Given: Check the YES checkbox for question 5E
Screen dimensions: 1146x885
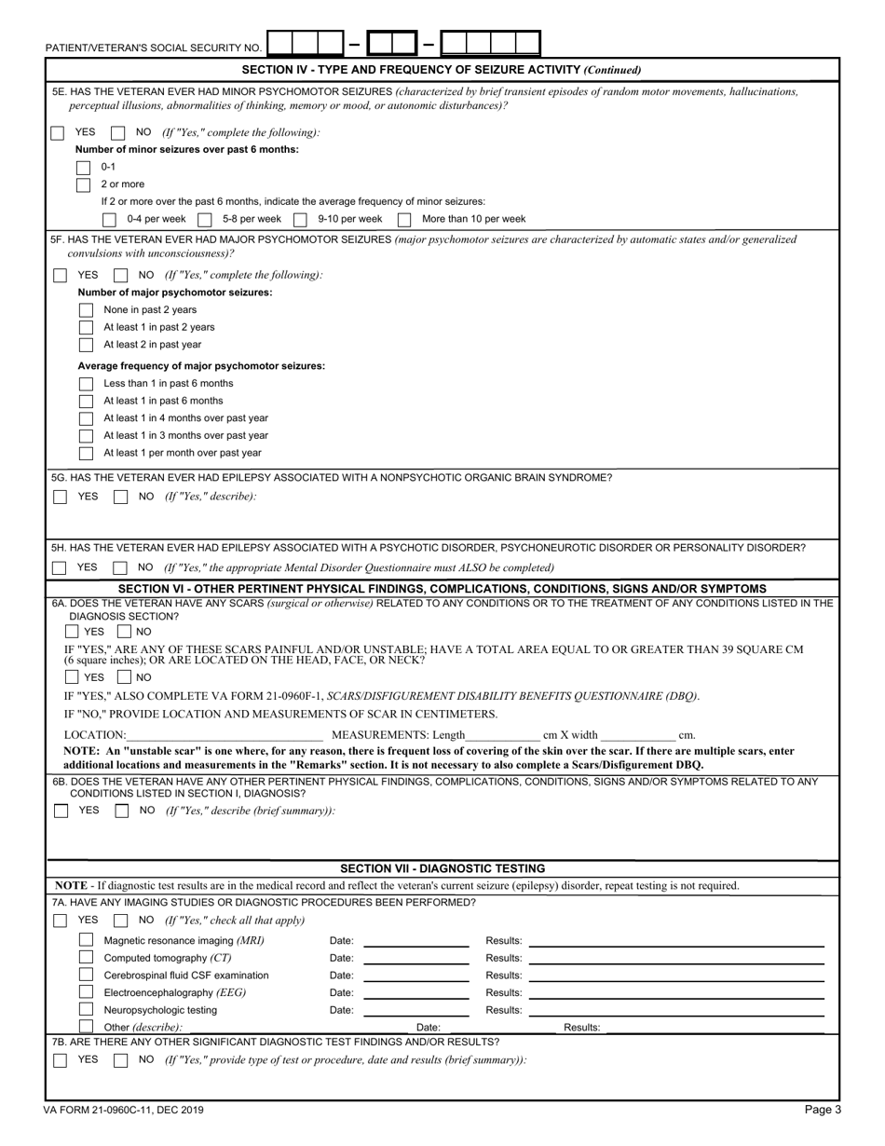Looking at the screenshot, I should (x=58, y=133).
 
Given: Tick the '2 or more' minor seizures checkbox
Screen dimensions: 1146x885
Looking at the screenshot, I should (x=83, y=184).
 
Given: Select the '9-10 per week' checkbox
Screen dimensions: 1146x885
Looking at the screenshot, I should (x=300, y=220).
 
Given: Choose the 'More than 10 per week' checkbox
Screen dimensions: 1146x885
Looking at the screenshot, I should (x=404, y=220).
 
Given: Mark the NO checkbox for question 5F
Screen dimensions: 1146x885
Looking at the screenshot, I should (x=120, y=276).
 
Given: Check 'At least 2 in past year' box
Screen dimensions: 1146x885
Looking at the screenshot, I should (x=86, y=344).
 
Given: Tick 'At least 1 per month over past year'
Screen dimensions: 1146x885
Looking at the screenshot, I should (x=86, y=453).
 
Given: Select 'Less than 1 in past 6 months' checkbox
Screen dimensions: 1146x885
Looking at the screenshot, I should (x=86, y=384).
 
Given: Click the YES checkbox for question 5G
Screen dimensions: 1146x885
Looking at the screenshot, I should (x=60, y=497).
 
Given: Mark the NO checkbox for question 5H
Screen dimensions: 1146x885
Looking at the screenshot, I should (x=120, y=567).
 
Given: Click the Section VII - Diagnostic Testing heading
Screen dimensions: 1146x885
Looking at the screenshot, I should (x=442, y=868).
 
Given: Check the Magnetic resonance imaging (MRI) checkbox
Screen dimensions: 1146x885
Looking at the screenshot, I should (x=86, y=940).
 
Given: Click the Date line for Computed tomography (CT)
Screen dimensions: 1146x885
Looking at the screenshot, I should (x=415, y=960).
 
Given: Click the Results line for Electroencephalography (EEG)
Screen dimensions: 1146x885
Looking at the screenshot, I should (x=675, y=994).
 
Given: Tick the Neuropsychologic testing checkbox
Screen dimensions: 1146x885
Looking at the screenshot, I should (x=86, y=1010).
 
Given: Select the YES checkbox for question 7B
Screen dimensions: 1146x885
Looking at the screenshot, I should (x=60, y=1060).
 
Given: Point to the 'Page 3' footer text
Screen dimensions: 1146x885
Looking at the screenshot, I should (x=823, y=1110).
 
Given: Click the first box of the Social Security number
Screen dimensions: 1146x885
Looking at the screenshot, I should (x=279, y=43).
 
